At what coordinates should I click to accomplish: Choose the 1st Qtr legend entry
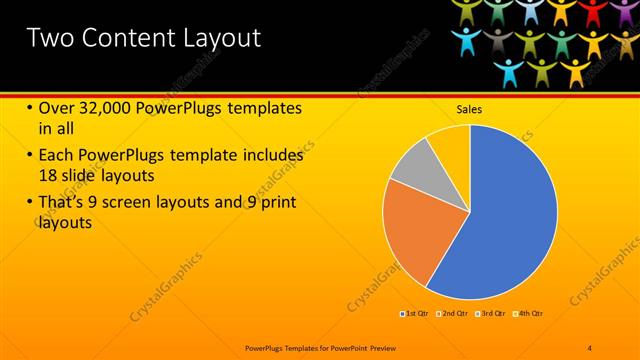coord(415,314)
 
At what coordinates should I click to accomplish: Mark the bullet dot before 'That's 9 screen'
coord(30,203)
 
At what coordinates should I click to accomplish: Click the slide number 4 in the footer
coord(590,347)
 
